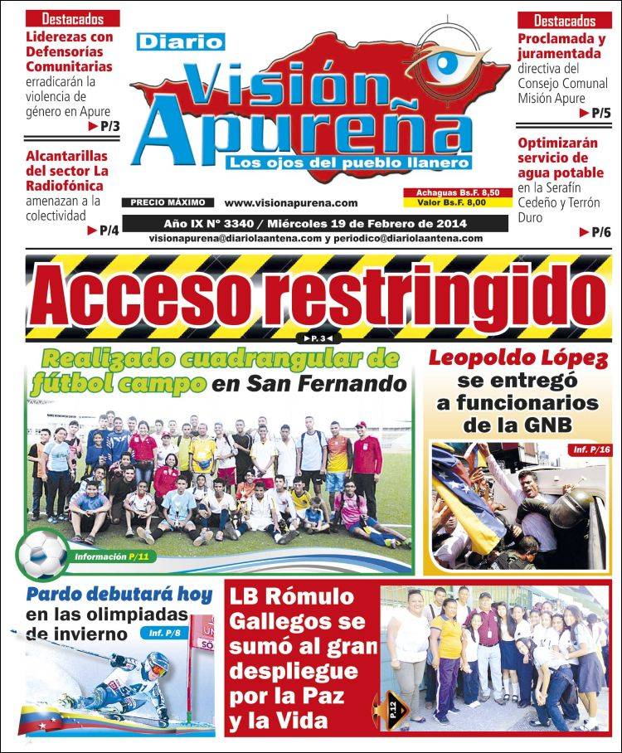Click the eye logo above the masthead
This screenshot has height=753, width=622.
point(453,63)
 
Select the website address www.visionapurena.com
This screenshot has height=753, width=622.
point(291,202)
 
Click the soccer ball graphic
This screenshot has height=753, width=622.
point(43,554)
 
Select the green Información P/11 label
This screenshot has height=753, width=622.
point(112,557)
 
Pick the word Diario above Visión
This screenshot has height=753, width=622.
point(180,41)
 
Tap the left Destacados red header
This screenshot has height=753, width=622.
point(73,18)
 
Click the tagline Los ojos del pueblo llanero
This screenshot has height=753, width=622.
point(350,163)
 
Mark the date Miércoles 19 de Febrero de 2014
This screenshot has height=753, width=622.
point(372,224)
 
